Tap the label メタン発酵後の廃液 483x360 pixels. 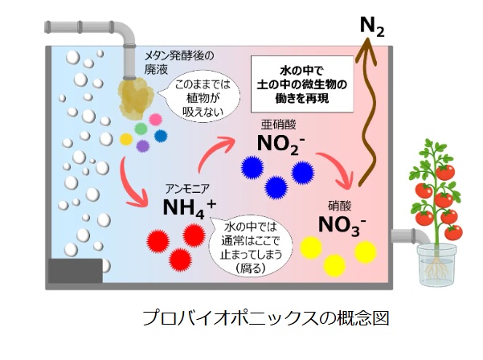[x=178, y=62]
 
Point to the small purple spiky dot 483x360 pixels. [x=142, y=145]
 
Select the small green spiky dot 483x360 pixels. [x=141, y=128]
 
